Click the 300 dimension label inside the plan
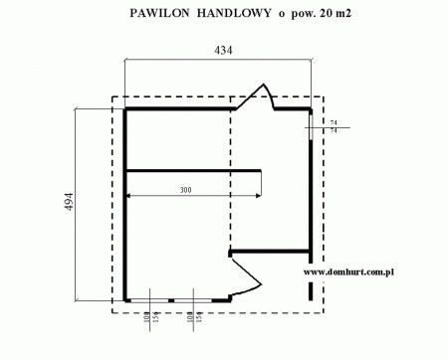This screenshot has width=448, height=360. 186,189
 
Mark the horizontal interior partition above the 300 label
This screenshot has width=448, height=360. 194,169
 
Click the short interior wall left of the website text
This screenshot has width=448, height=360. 269,249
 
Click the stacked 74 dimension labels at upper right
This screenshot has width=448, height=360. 333,125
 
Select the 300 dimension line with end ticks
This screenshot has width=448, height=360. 194,196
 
